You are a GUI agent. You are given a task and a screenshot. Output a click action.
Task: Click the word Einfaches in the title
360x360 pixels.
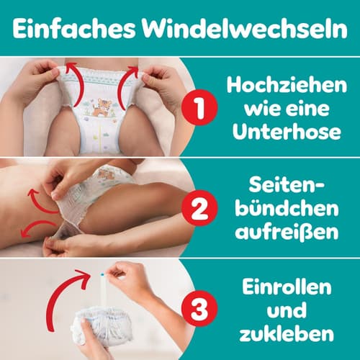[73, 29]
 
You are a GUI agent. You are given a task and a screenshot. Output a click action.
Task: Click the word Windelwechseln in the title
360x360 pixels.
[244, 29]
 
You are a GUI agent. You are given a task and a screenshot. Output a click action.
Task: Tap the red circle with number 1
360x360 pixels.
[199, 107]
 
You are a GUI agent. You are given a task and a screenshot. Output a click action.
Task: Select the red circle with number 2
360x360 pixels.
[199, 208]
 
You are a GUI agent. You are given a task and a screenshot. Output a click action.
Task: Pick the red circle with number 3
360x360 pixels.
[199, 308]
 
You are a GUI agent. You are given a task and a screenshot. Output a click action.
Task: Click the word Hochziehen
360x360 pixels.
[287, 85]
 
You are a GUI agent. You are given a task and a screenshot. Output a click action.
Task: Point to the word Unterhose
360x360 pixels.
[287, 132]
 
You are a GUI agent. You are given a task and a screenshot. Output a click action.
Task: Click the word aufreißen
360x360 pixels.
[287, 231]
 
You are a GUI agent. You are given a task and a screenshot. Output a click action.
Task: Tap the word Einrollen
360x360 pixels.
[287, 287]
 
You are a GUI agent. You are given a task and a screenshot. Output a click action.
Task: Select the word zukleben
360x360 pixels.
[287, 333]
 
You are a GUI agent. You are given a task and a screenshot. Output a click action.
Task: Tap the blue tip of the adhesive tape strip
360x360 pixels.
[102, 274]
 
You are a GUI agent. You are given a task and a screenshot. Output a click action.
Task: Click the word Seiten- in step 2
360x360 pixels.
[287, 185]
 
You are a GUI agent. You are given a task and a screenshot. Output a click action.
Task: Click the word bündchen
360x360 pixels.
[287, 208]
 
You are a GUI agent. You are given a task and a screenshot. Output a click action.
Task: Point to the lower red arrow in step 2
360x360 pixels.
[38, 228]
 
